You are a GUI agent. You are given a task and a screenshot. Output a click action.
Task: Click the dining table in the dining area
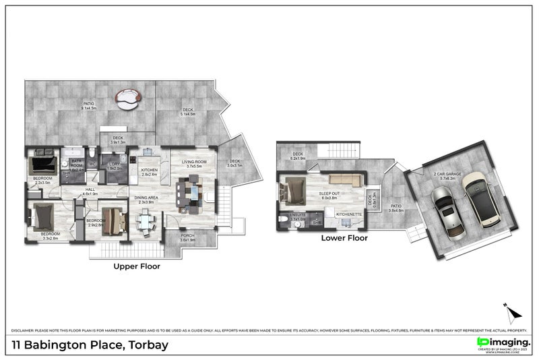click(146, 221)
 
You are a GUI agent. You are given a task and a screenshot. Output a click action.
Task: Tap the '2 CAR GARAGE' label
click(447, 175)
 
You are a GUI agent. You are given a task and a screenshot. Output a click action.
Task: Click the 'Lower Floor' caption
click(344, 238)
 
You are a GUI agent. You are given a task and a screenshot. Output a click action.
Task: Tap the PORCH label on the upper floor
click(188, 236)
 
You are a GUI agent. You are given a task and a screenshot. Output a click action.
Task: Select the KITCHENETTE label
click(349, 214)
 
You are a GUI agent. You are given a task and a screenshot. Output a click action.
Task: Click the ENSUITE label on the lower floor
click(298, 214)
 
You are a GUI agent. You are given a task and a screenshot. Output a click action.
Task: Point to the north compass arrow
click(513, 311)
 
